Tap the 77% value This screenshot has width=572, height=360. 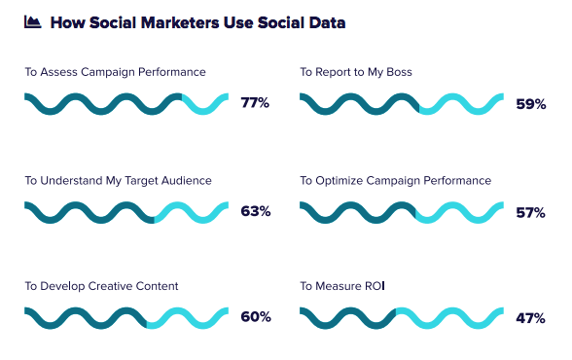(256, 102)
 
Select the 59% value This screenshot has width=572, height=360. (531, 102)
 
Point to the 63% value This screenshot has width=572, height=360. (256, 211)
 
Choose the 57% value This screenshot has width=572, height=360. (531, 211)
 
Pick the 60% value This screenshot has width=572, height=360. (256, 317)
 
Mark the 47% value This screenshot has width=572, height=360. (531, 317)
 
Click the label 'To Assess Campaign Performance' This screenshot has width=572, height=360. (115, 72)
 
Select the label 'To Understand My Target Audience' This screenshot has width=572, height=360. (118, 180)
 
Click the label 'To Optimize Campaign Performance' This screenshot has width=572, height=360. (396, 180)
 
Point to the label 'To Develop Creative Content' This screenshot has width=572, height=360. (101, 286)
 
